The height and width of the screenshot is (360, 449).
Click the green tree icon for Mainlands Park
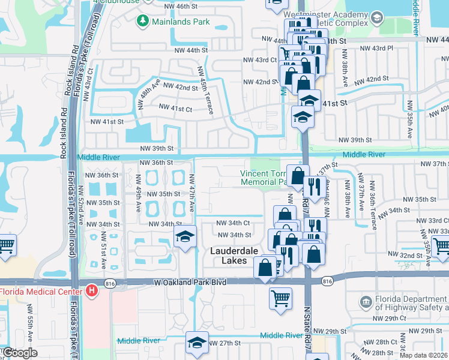(143, 22)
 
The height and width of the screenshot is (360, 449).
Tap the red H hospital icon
(91, 291)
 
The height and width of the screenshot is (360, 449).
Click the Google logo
(19, 353)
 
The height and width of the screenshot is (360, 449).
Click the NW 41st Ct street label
(175, 109)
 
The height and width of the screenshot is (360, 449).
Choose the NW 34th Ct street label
(234, 223)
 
